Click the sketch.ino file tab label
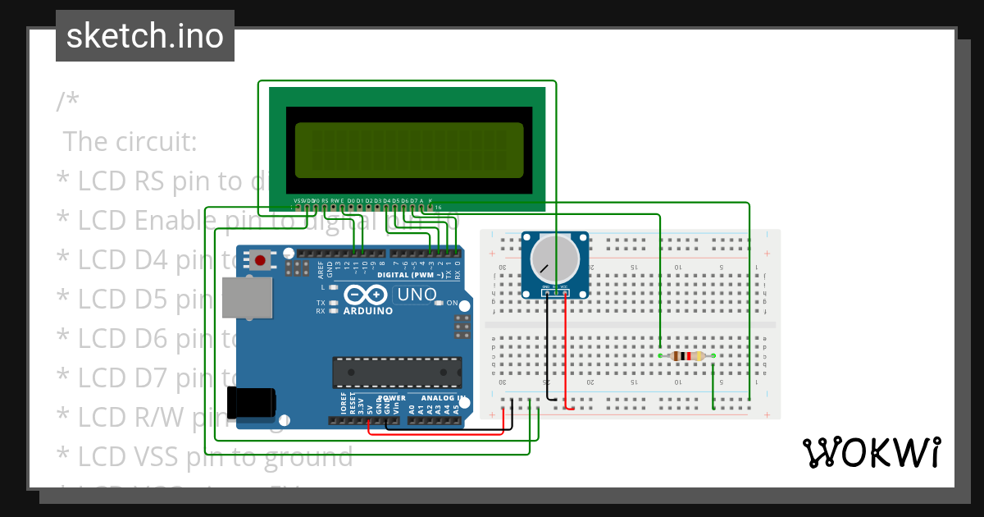pos(144,36)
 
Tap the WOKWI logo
pos(871,452)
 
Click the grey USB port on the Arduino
pos(248,297)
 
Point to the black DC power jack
pos(254,402)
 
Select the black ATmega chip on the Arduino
pos(396,372)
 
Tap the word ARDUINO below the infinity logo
pos(367,311)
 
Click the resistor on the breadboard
pos(686,356)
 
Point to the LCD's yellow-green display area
pos(408,150)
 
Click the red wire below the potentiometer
pos(565,353)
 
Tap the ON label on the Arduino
pos(452,303)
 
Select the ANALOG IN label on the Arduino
pos(443,398)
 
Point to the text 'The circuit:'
pos(130,141)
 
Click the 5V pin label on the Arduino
pos(370,406)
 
